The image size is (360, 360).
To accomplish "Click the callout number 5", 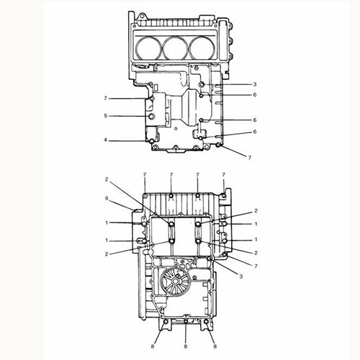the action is [105, 116].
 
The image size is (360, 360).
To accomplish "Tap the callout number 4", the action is [105, 140].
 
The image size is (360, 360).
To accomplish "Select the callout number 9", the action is [107, 198].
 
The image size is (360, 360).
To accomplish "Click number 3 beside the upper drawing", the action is [255, 84].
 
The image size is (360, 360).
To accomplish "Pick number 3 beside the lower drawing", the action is [241, 276].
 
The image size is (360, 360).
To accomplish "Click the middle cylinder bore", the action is [176, 48].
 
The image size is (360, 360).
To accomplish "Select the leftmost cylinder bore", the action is [148, 48].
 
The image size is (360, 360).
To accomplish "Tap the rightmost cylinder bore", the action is [202, 48].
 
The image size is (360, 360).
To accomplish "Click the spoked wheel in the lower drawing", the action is [174, 282].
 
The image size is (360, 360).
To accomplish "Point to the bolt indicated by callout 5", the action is [152, 117].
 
